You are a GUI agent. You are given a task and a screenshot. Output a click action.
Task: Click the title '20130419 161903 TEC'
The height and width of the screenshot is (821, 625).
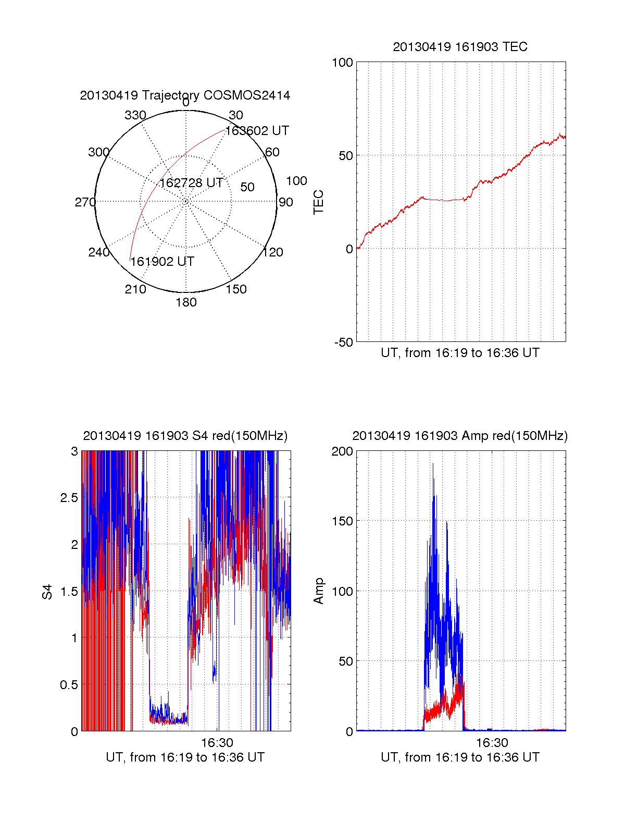click(460, 47)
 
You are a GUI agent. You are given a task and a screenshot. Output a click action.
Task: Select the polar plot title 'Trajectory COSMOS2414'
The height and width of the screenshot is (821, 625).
click(216, 95)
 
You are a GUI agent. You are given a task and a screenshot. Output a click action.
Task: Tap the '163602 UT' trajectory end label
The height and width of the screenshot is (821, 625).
click(257, 131)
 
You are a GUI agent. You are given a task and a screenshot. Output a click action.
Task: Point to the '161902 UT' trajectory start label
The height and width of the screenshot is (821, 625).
click(162, 262)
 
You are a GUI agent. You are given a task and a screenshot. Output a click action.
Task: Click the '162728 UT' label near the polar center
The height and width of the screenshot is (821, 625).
click(191, 183)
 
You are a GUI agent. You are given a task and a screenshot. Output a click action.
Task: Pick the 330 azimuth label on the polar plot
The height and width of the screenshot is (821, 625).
click(135, 115)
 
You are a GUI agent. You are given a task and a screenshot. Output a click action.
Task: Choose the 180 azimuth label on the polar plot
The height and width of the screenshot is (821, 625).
click(186, 302)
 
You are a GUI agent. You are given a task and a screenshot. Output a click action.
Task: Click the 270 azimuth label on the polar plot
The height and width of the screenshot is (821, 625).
click(85, 202)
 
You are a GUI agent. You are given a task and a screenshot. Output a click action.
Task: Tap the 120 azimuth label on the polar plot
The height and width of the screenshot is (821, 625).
click(273, 252)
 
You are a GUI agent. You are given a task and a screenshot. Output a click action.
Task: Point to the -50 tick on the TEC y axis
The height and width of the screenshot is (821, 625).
click(343, 342)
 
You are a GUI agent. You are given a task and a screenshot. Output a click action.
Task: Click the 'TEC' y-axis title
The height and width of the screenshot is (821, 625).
click(318, 202)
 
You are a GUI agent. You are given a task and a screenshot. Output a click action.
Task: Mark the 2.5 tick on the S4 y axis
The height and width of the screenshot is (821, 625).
click(69, 498)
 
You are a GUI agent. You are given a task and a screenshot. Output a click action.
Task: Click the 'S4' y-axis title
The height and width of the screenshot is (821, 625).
click(47, 592)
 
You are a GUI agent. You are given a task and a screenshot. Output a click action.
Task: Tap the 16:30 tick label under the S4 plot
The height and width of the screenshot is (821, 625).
click(217, 742)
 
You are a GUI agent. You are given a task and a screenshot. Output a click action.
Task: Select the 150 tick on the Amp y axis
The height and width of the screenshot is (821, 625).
click(342, 521)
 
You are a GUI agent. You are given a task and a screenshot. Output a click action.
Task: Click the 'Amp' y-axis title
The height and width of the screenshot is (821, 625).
click(318, 591)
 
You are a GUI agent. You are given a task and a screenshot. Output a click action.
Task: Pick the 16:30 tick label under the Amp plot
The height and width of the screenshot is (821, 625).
click(492, 742)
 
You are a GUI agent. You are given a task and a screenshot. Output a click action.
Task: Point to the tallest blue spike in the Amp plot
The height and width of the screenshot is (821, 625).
click(433, 464)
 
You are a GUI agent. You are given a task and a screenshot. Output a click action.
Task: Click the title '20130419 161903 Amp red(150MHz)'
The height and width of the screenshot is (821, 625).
click(460, 436)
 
